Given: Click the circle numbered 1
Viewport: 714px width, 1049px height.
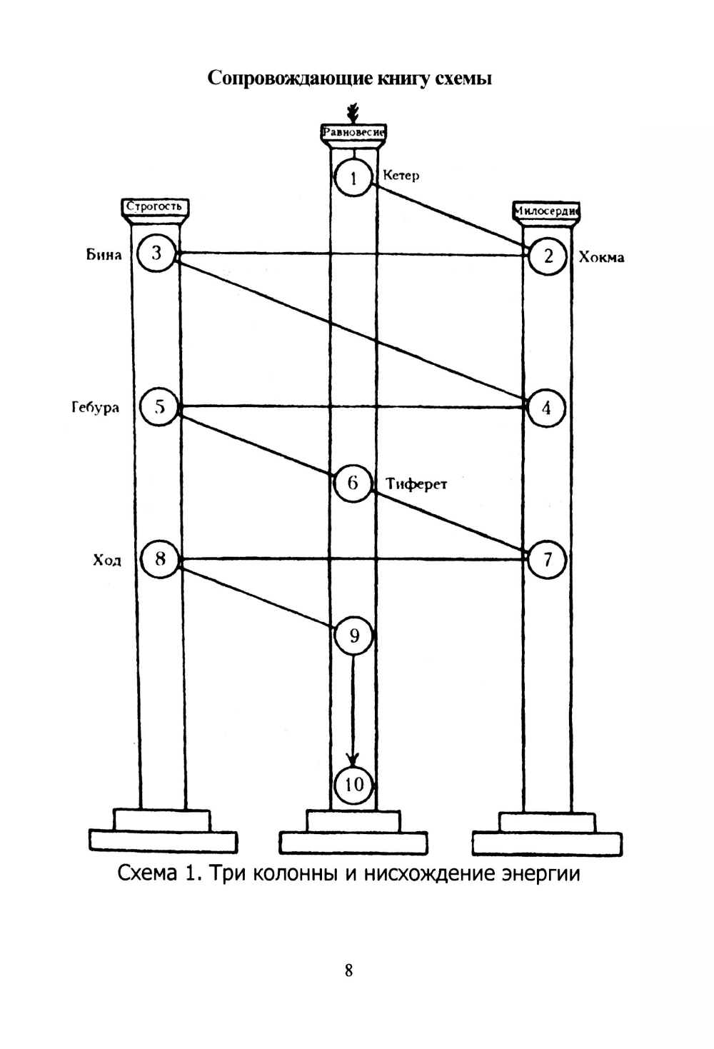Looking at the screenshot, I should [x=354, y=177].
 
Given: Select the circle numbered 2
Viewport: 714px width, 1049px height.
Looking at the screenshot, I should [x=548, y=256].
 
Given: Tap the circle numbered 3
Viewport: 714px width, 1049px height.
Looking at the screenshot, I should [x=156, y=253].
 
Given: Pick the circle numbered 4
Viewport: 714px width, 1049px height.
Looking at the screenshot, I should [x=546, y=408].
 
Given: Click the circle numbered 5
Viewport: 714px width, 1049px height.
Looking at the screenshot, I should [x=159, y=406].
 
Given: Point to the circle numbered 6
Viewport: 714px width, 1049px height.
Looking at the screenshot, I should [x=353, y=483].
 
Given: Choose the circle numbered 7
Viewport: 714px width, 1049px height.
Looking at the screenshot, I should [x=547, y=559].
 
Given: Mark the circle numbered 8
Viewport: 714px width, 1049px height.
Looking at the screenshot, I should [x=159, y=558].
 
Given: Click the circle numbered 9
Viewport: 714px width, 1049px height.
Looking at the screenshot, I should [x=354, y=634].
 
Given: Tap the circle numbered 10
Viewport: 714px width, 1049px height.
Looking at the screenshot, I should [x=354, y=785].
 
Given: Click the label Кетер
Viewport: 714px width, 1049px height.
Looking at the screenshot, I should [x=401, y=175].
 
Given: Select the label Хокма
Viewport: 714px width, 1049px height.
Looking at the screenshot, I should [x=601, y=257].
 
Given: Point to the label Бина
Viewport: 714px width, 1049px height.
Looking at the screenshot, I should [x=104, y=254].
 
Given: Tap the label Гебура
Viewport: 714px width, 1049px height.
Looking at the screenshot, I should [x=95, y=408].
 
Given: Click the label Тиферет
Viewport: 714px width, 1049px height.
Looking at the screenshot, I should [x=416, y=484].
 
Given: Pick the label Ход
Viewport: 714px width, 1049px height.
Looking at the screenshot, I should [x=107, y=560].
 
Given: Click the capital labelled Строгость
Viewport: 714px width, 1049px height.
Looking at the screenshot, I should [x=154, y=207].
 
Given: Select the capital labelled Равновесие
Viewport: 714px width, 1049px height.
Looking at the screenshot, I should [x=354, y=133].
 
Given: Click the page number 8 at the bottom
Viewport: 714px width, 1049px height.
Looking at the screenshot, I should [x=348, y=970].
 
